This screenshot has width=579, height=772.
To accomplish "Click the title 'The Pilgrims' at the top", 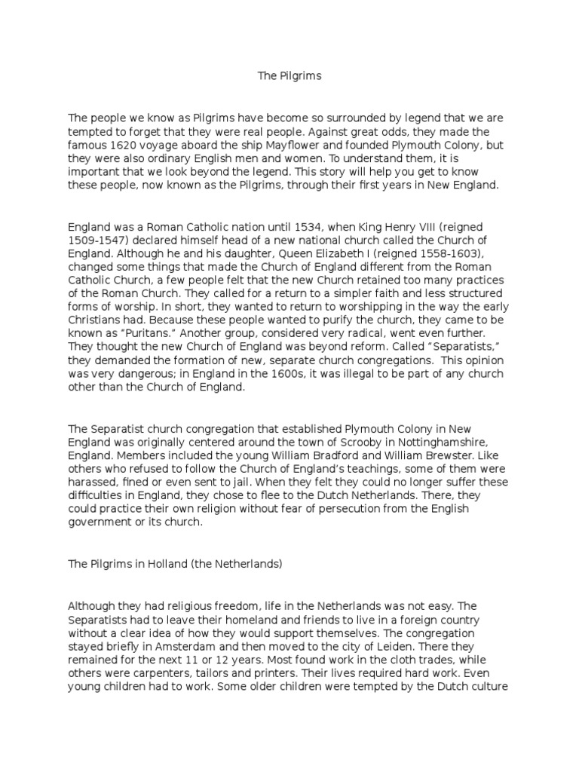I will (x=289, y=76).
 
